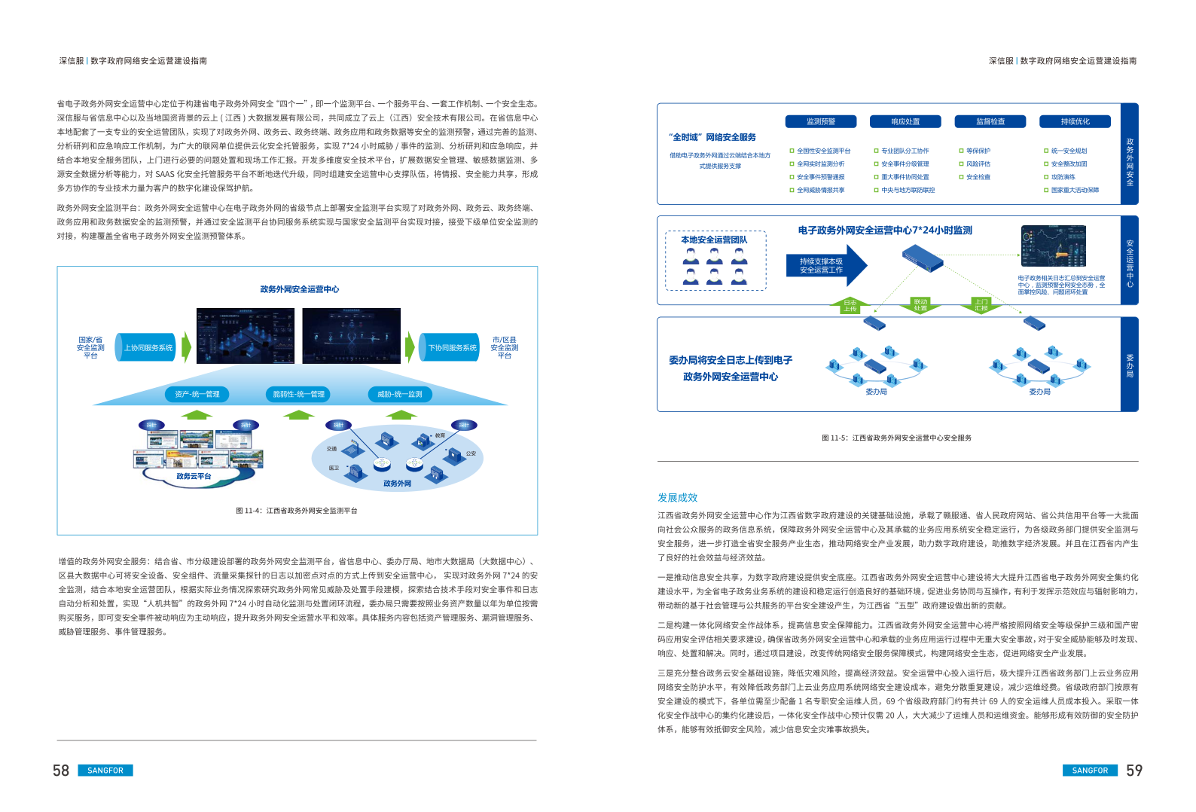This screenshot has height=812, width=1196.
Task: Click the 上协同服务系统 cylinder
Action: pyautogui.click(x=147, y=348)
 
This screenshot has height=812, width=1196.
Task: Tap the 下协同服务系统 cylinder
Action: pyautogui.click(x=450, y=348)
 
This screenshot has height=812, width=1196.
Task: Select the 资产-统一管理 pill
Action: pyautogui.click(x=197, y=394)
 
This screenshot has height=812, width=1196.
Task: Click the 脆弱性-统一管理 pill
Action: pyautogui.click(x=298, y=394)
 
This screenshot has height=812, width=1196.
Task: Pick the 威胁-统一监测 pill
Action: pyautogui.click(x=399, y=394)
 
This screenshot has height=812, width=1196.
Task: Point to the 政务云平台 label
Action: pyautogui.click(x=194, y=476)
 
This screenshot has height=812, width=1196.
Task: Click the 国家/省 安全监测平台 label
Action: pyautogui.click(x=90, y=347)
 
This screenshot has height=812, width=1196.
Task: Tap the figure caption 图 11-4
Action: pyautogui.click(x=297, y=511)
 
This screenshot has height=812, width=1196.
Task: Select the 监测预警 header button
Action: pyautogui.click(x=821, y=121)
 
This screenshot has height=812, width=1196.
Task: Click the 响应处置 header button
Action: pyautogui.click(x=905, y=121)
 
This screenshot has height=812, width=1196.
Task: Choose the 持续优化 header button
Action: pyautogui.click(x=1075, y=121)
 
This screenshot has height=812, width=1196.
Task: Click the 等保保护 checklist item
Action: pyautogui.click(x=978, y=151)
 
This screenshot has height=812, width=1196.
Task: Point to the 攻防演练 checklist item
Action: pyautogui.click(x=1063, y=177)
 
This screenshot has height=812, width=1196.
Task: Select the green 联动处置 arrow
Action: pyautogui.click(x=920, y=305)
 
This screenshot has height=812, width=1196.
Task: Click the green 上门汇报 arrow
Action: pyautogui.click(x=981, y=305)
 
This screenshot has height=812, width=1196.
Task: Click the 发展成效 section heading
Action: pyautogui.click(x=677, y=497)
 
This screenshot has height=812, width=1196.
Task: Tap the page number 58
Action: pyautogui.click(x=61, y=771)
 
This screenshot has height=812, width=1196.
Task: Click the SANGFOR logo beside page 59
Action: pyautogui.click(x=1090, y=771)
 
